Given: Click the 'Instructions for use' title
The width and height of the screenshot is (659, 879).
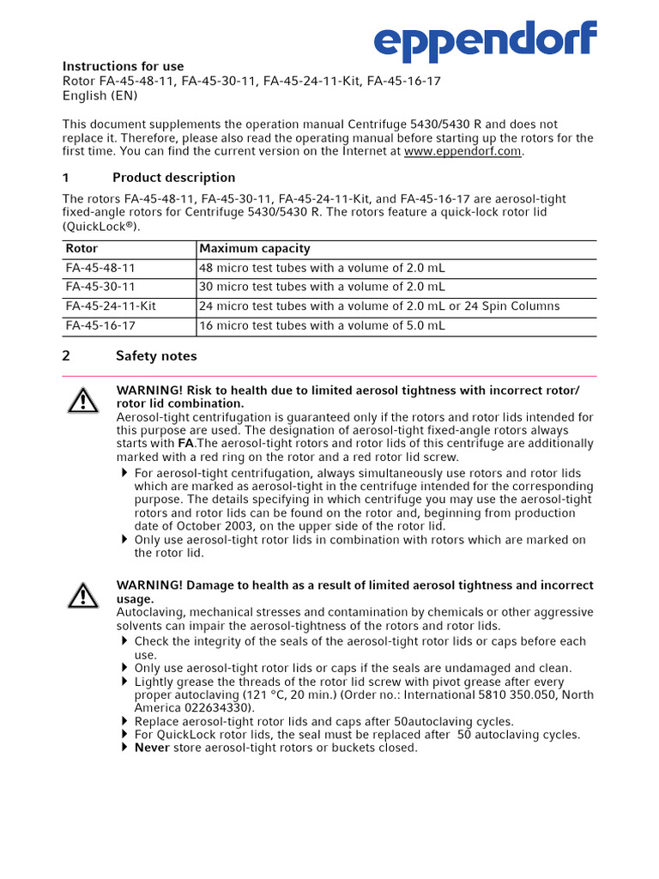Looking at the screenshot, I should pyautogui.click(x=123, y=66).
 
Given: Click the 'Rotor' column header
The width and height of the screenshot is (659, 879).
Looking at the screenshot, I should pyautogui.click(x=82, y=249).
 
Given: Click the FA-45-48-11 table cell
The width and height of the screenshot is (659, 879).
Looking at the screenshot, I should pyautogui.click(x=100, y=268).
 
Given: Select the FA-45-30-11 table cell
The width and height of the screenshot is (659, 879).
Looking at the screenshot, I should pyautogui.click(x=100, y=287).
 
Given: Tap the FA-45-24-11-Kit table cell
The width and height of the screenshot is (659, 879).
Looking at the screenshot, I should pyautogui.click(x=111, y=306).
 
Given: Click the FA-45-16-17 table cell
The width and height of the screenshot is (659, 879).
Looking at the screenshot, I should pyautogui.click(x=100, y=325).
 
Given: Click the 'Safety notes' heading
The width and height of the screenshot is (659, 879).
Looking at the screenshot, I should pyautogui.click(x=156, y=356).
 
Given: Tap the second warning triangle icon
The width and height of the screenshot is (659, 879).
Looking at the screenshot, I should pyautogui.click(x=83, y=594).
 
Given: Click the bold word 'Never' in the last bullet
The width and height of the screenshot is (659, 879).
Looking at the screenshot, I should pyautogui.click(x=152, y=748).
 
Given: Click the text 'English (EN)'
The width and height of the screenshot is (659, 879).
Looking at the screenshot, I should pyautogui.click(x=100, y=95).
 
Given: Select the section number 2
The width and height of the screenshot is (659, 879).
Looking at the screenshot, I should pyautogui.click(x=66, y=356).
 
